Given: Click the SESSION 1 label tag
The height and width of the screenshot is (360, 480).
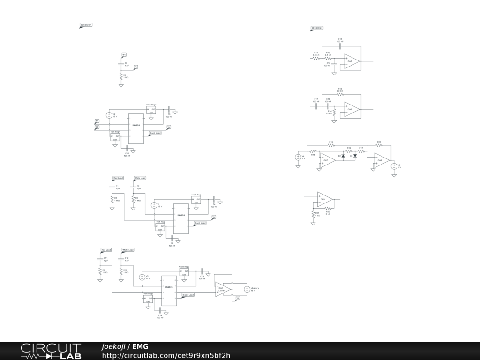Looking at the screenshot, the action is [86, 25].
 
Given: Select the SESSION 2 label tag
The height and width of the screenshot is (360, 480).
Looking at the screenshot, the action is [317, 28].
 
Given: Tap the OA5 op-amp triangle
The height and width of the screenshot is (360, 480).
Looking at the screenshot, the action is [351, 61].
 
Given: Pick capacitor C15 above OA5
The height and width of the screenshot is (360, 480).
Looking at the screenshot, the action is [340, 46].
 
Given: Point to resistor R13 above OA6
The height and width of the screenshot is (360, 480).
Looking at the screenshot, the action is [340, 93].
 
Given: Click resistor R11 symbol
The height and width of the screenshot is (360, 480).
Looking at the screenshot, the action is [316, 58].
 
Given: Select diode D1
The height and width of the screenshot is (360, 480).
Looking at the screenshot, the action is [355, 156].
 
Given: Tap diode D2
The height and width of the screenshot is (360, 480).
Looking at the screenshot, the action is [344, 156].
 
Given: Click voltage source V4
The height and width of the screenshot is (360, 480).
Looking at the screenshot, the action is [298, 157].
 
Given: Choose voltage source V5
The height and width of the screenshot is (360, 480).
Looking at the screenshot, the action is [394, 166].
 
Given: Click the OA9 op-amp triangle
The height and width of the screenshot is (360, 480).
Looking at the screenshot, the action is [324, 199].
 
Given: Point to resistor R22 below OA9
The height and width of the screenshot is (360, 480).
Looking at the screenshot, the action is [328, 208].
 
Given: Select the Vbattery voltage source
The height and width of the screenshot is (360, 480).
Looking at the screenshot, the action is [247, 289].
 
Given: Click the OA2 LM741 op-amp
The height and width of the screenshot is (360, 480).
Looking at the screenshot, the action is [223, 289].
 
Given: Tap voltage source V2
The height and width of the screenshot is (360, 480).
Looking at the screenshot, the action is [109, 115].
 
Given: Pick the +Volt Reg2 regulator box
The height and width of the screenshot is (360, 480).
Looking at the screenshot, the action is [184, 271].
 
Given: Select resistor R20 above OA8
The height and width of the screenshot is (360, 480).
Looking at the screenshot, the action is [379, 145].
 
